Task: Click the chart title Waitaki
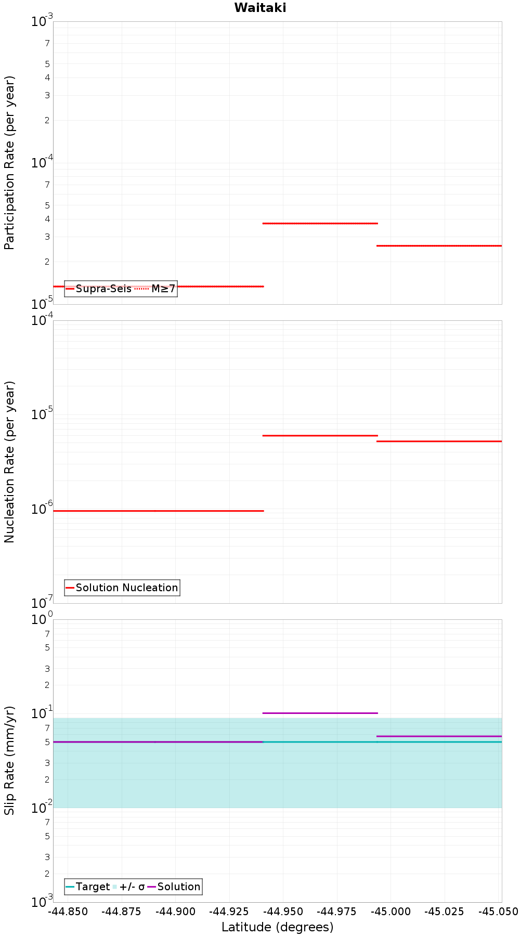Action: click(x=260, y=8)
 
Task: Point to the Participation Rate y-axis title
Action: click(x=10, y=163)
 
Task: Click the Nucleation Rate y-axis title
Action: click(x=10, y=462)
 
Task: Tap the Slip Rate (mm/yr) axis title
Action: click(x=10, y=760)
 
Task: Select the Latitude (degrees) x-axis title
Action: click(x=277, y=927)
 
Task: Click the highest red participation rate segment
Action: click(x=320, y=223)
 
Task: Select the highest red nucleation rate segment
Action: click(x=320, y=435)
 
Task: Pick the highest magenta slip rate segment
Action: click(x=320, y=713)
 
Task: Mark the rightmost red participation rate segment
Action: click(x=439, y=245)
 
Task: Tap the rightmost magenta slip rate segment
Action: click(x=439, y=736)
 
